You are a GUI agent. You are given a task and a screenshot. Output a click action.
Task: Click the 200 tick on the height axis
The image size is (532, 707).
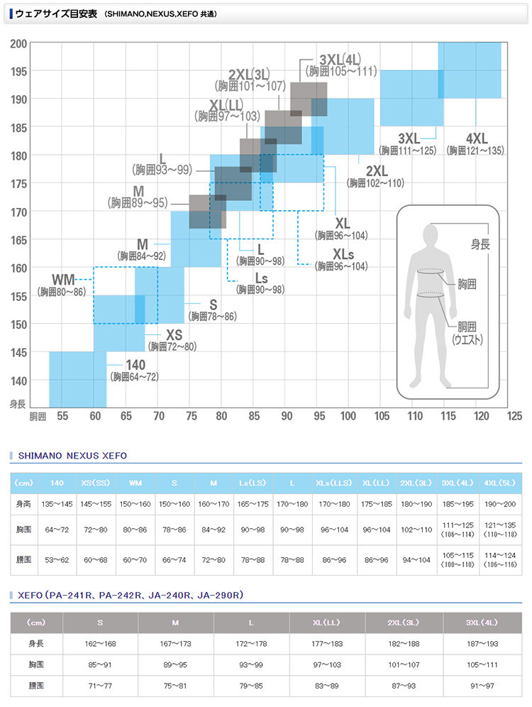18,44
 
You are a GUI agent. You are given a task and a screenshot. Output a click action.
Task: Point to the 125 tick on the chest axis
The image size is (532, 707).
514,416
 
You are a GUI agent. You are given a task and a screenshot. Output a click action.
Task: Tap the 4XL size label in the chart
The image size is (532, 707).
476,138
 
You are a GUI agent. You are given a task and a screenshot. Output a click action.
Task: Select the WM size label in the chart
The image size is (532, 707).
65,279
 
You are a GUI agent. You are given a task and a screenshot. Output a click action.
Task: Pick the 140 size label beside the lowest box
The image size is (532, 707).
135,365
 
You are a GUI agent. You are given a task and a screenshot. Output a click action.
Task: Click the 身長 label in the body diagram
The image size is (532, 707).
480,244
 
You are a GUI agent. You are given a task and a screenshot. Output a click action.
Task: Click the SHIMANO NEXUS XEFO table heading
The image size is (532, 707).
72,456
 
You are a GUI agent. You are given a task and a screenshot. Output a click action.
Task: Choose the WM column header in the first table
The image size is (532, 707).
135,483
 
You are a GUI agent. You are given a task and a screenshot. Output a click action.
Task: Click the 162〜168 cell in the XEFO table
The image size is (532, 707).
101,643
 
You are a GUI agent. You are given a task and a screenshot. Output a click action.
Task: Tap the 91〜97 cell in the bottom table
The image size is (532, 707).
482,686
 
